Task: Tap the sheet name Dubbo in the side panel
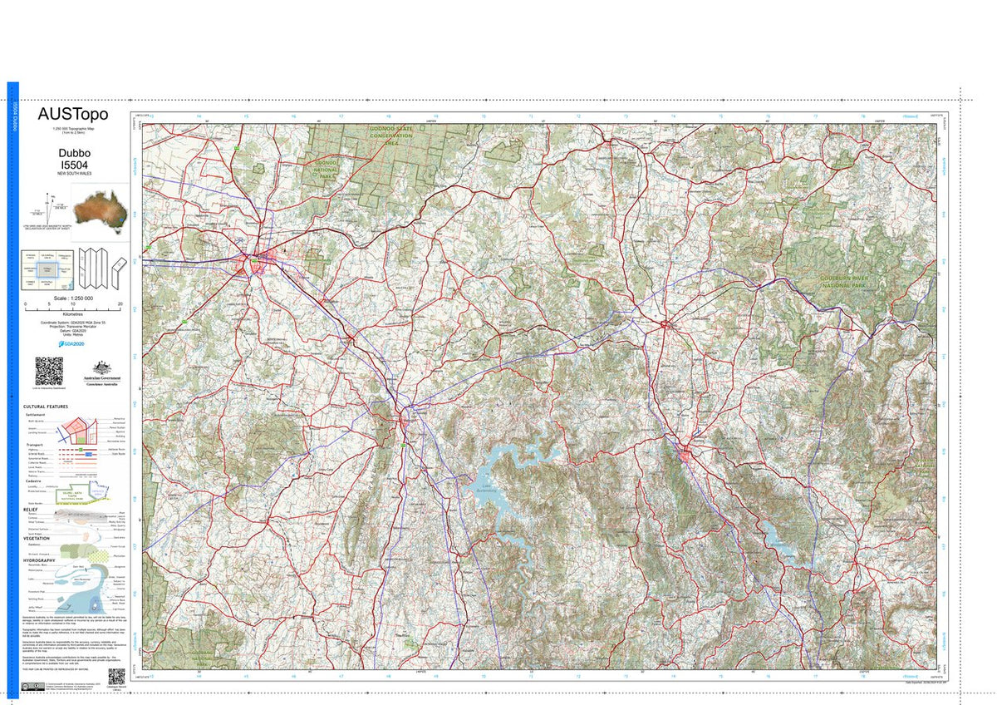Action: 74,153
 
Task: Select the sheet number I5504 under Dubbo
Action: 74,166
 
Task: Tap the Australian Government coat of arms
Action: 102,368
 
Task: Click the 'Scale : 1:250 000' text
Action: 73,298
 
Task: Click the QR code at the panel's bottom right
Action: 115,675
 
